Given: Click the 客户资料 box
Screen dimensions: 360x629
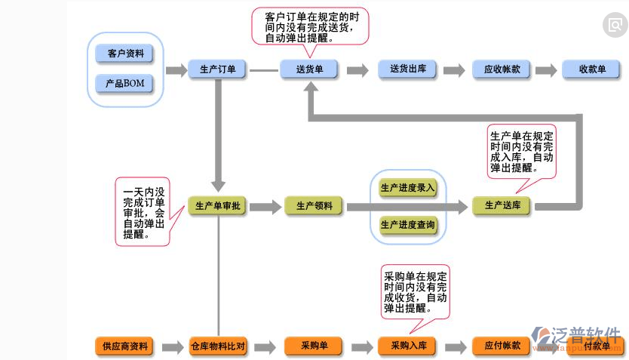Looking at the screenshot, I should [x=125, y=54].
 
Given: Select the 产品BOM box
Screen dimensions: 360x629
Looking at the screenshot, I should [x=125, y=82].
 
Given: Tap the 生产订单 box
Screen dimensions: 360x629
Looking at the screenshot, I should [x=218, y=69].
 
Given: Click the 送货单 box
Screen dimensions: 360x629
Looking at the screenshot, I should [x=310, y=69].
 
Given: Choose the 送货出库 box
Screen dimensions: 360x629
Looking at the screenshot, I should [x=408, y=69].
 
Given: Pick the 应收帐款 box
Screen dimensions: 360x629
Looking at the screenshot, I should [x=502, y=69].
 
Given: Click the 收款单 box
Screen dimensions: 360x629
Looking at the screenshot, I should [x=591, y=69].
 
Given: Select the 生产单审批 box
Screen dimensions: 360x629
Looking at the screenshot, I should [x=218, y=205].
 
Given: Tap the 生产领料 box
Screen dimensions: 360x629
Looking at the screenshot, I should [x=314, y=205].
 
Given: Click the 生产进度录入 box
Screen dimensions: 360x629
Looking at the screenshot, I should [x=408, y=188].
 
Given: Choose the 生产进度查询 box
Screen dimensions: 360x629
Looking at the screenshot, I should [x=408, y=225].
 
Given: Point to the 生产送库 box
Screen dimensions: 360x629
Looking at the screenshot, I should [x=502, y=205].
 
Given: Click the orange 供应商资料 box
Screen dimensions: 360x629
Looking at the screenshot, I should [x=125, y=346].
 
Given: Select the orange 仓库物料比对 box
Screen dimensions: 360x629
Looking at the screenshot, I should [x=218, y=346].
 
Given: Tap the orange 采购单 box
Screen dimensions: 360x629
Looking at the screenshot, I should [x=314, y=346].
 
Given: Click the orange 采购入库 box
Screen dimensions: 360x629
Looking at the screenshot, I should [x=408, y=346].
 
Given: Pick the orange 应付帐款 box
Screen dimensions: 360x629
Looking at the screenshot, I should [x=502, y=346].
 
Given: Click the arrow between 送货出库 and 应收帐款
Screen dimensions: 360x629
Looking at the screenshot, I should [x=454, y=70].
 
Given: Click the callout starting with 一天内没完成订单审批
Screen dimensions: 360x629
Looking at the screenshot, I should [x=143, y=212].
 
